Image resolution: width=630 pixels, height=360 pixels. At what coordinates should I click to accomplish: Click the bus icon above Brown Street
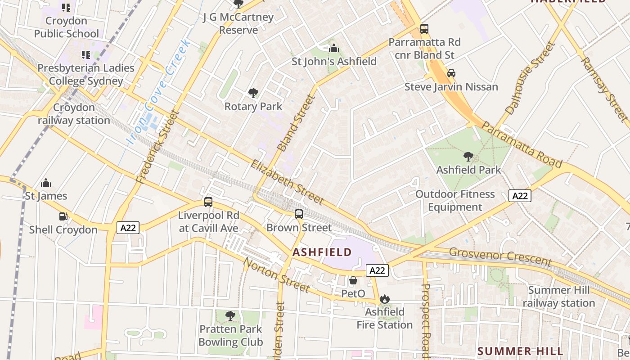(x=299, y=214)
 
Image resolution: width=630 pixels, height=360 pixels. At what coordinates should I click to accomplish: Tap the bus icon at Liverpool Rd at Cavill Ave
(x=208, y=202)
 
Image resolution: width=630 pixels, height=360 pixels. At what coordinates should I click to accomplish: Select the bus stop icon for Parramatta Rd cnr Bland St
(x=424, y=29)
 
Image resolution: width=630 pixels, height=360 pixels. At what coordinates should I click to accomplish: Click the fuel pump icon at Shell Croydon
(x=63, y=216)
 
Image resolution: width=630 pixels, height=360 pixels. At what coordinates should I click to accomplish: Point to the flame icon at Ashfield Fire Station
(x=384, y=299)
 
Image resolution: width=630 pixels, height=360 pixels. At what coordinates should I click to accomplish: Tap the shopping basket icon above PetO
(x=353, y=280)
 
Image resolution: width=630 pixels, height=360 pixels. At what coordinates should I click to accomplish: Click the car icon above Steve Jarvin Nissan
(x=451, y=73)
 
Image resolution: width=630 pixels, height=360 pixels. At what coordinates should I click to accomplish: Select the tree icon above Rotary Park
(x=253, y=93)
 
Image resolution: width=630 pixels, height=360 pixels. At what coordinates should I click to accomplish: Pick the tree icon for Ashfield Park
(x=468, y=157)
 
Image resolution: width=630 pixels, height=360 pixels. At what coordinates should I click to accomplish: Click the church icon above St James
(x=46, y=183)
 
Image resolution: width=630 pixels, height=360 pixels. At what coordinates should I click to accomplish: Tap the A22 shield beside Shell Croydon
(x=128, y=228)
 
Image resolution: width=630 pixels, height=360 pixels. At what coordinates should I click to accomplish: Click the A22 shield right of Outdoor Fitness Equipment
(x=520, y=196)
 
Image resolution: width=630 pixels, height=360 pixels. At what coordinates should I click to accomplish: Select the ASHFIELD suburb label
(x=322, y=252)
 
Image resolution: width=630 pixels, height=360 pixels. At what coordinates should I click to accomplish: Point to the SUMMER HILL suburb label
(x=520, y=351)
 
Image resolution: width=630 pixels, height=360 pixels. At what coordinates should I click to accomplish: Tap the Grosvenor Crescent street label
(x=500, y=256)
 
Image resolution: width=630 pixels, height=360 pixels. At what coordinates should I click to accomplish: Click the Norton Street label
(x=276, y=274)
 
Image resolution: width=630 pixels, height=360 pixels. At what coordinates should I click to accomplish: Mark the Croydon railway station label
(x=74, y=114)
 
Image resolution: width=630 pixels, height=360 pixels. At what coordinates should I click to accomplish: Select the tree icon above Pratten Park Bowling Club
(x=230, y=316)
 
